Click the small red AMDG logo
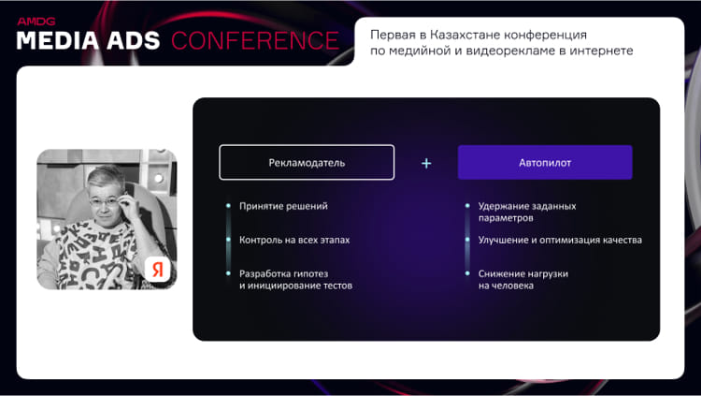[x=36, y=21]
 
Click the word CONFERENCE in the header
[x=255, y=41]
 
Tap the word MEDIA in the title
[x=58, y=41]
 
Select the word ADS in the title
[x=134, y=41]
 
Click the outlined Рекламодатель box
[x=307, y=162]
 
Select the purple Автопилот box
[x=545, y=162]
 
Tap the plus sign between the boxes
[x=426, y=164]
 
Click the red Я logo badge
[x=157, y=270]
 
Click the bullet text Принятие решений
[x=283, y=206]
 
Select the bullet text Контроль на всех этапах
[x=294, y=240]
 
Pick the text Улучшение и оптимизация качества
[x=560, y=240]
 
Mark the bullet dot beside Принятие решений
[x=228, y=206]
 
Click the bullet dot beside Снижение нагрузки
[x=467, y=273]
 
